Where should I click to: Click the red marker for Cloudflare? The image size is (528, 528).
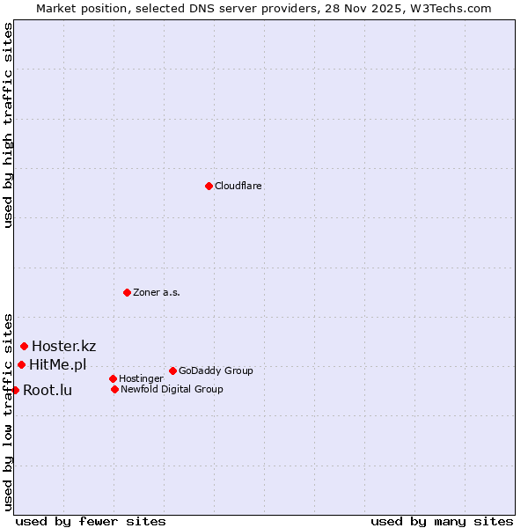coord(209,186)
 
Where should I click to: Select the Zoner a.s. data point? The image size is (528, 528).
coord(127,292)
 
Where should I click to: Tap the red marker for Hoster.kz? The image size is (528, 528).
coord(24,346)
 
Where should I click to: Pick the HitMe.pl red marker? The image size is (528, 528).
coord(21,364)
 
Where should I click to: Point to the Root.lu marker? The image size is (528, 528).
coord(15,390)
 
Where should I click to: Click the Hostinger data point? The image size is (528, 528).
coord(113,378)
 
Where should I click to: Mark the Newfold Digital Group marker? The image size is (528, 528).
coord(114,389)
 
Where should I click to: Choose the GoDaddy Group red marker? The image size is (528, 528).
coord(172,370)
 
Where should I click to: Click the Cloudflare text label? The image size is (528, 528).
coord(238,186)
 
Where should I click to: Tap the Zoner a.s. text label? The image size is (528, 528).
coord(157,292)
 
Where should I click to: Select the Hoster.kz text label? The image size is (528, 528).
coord(63,346)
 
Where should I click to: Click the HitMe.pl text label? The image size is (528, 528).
coord(58,364)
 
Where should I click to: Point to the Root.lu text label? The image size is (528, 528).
coord(48,390)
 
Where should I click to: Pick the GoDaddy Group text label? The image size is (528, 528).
coord(216,370)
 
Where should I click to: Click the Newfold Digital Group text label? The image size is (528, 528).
coord(172,389)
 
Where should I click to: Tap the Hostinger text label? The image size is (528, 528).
coord(141,378)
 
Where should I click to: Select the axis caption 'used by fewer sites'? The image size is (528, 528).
coord(91,521)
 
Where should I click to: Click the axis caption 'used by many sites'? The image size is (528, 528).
coord(442,521)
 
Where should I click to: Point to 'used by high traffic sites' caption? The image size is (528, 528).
coord(9,125)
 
